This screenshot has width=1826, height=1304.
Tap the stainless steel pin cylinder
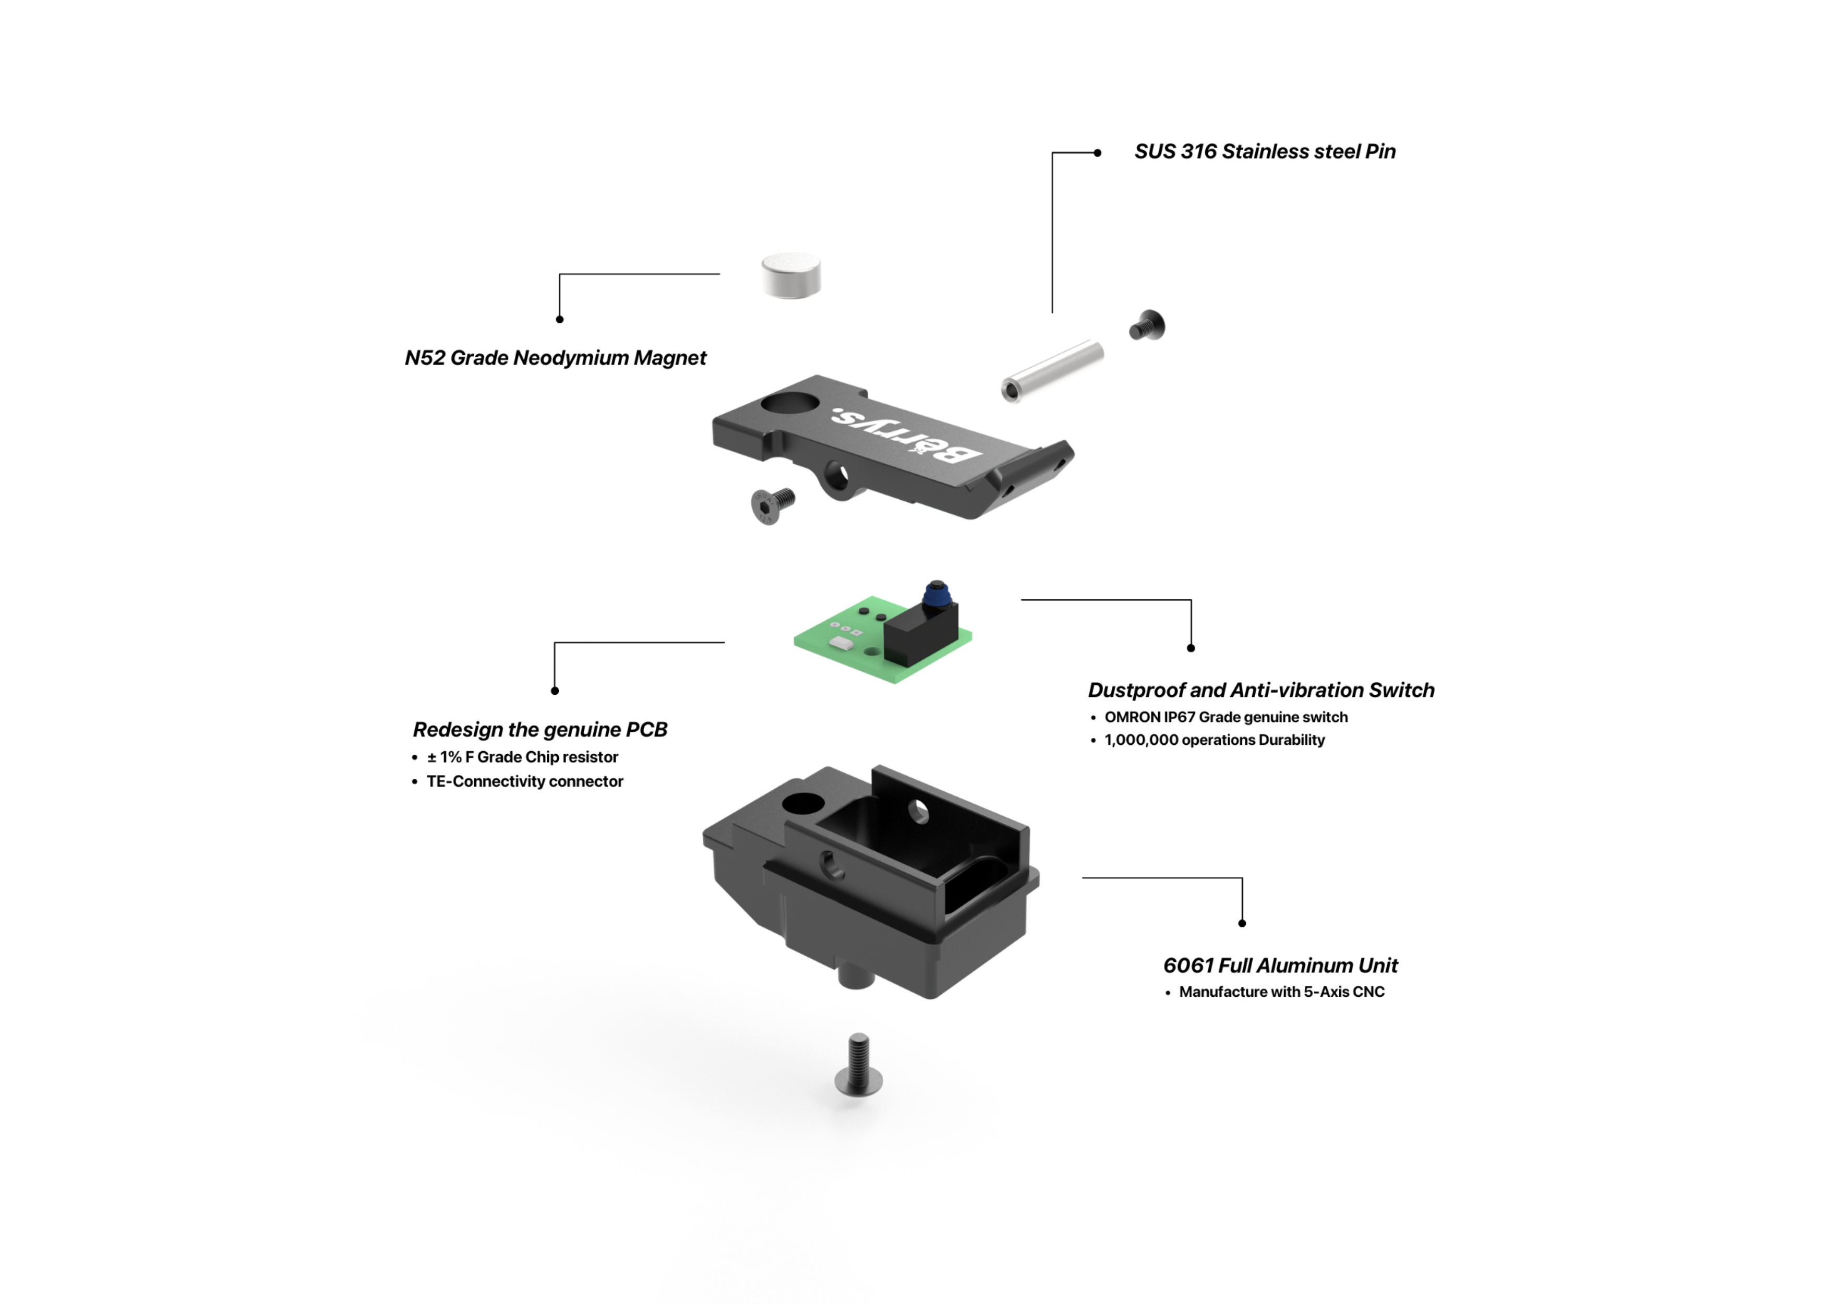(1052, 371)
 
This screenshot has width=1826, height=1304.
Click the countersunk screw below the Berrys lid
(772, 505)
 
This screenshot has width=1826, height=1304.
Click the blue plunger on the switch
(935, 595)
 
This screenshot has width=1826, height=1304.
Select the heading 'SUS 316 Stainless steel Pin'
(1265, 152)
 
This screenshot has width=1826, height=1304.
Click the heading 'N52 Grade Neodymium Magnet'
(555, 358)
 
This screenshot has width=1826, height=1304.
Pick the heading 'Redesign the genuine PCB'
(539, 730)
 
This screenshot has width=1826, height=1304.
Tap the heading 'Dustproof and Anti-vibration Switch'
(1260, 691)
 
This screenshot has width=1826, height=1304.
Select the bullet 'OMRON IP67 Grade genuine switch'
(1226, 717)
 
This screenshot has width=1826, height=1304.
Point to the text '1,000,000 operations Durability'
(1214, 740)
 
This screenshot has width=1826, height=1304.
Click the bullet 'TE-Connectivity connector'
(524, 781)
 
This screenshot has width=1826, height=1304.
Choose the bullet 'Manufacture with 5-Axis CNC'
(1281, 992)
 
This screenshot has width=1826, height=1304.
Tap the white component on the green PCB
(840, 643)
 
